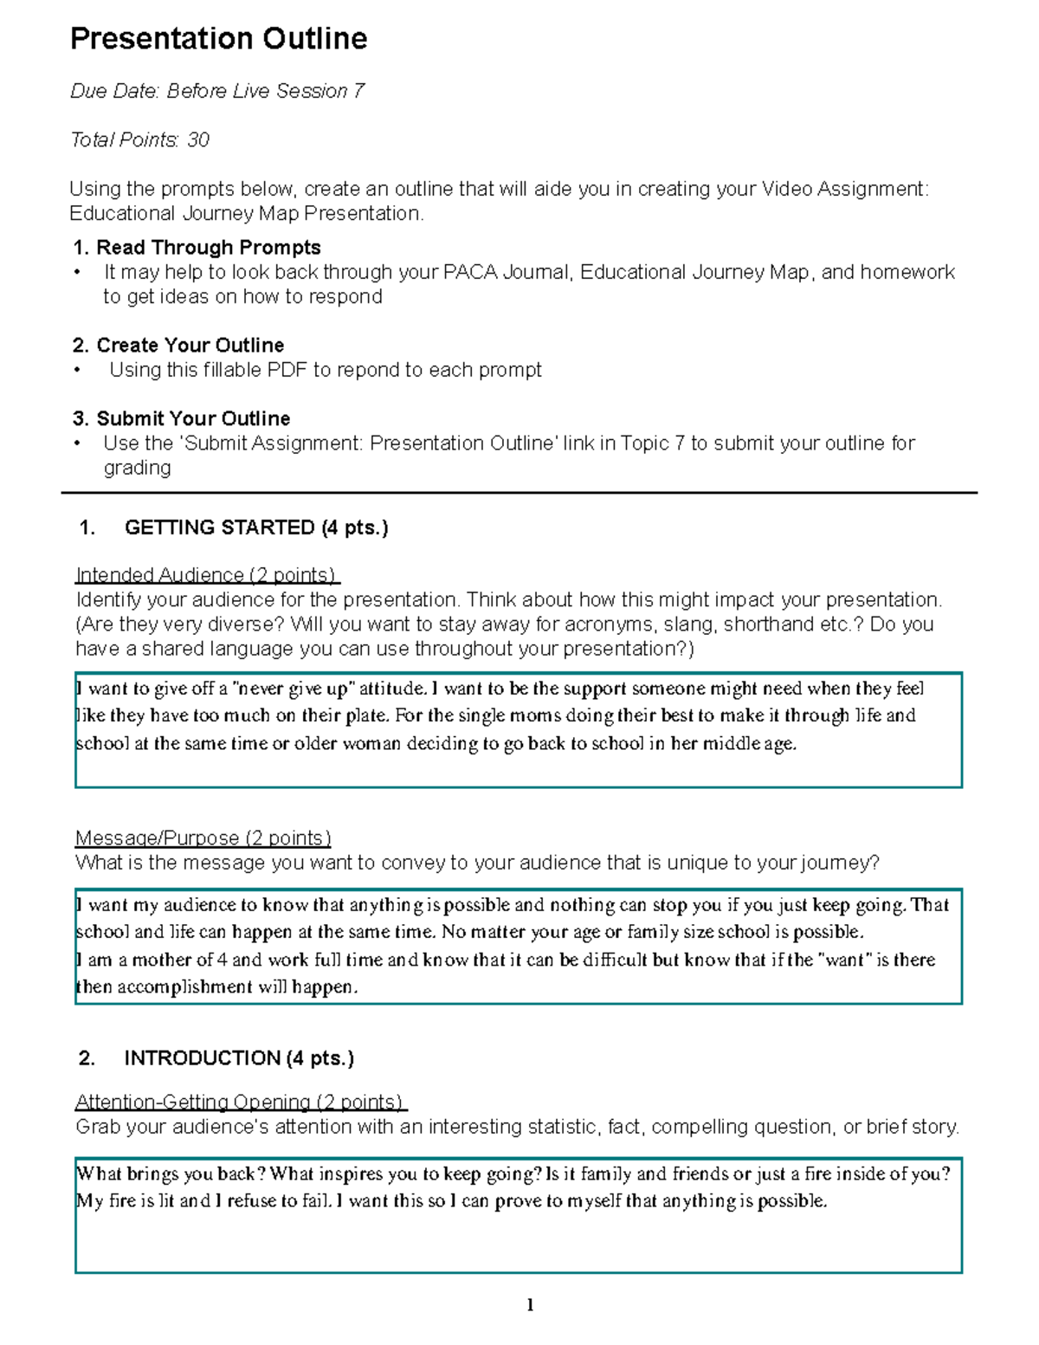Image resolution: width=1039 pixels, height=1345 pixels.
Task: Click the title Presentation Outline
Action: pos(218,39)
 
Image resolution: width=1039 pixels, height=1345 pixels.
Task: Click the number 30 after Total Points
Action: pos(198,140)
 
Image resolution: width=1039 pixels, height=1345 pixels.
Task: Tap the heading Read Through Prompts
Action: pos(208,248)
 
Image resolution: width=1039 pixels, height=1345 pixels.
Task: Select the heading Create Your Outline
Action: pos(190,346)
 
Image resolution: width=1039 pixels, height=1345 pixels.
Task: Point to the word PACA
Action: pos(470,273)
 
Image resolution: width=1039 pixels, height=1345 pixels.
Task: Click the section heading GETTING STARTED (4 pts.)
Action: pos(255,528)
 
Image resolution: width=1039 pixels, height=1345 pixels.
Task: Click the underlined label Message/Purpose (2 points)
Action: pos(203,838)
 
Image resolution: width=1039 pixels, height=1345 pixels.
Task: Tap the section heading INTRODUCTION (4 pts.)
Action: pos(239,1058)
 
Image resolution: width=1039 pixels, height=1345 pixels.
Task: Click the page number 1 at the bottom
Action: pos(530,1305)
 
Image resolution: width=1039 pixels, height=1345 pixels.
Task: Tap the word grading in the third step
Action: pos(137,469)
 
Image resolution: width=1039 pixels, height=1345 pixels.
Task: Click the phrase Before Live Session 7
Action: pos(266,92)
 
